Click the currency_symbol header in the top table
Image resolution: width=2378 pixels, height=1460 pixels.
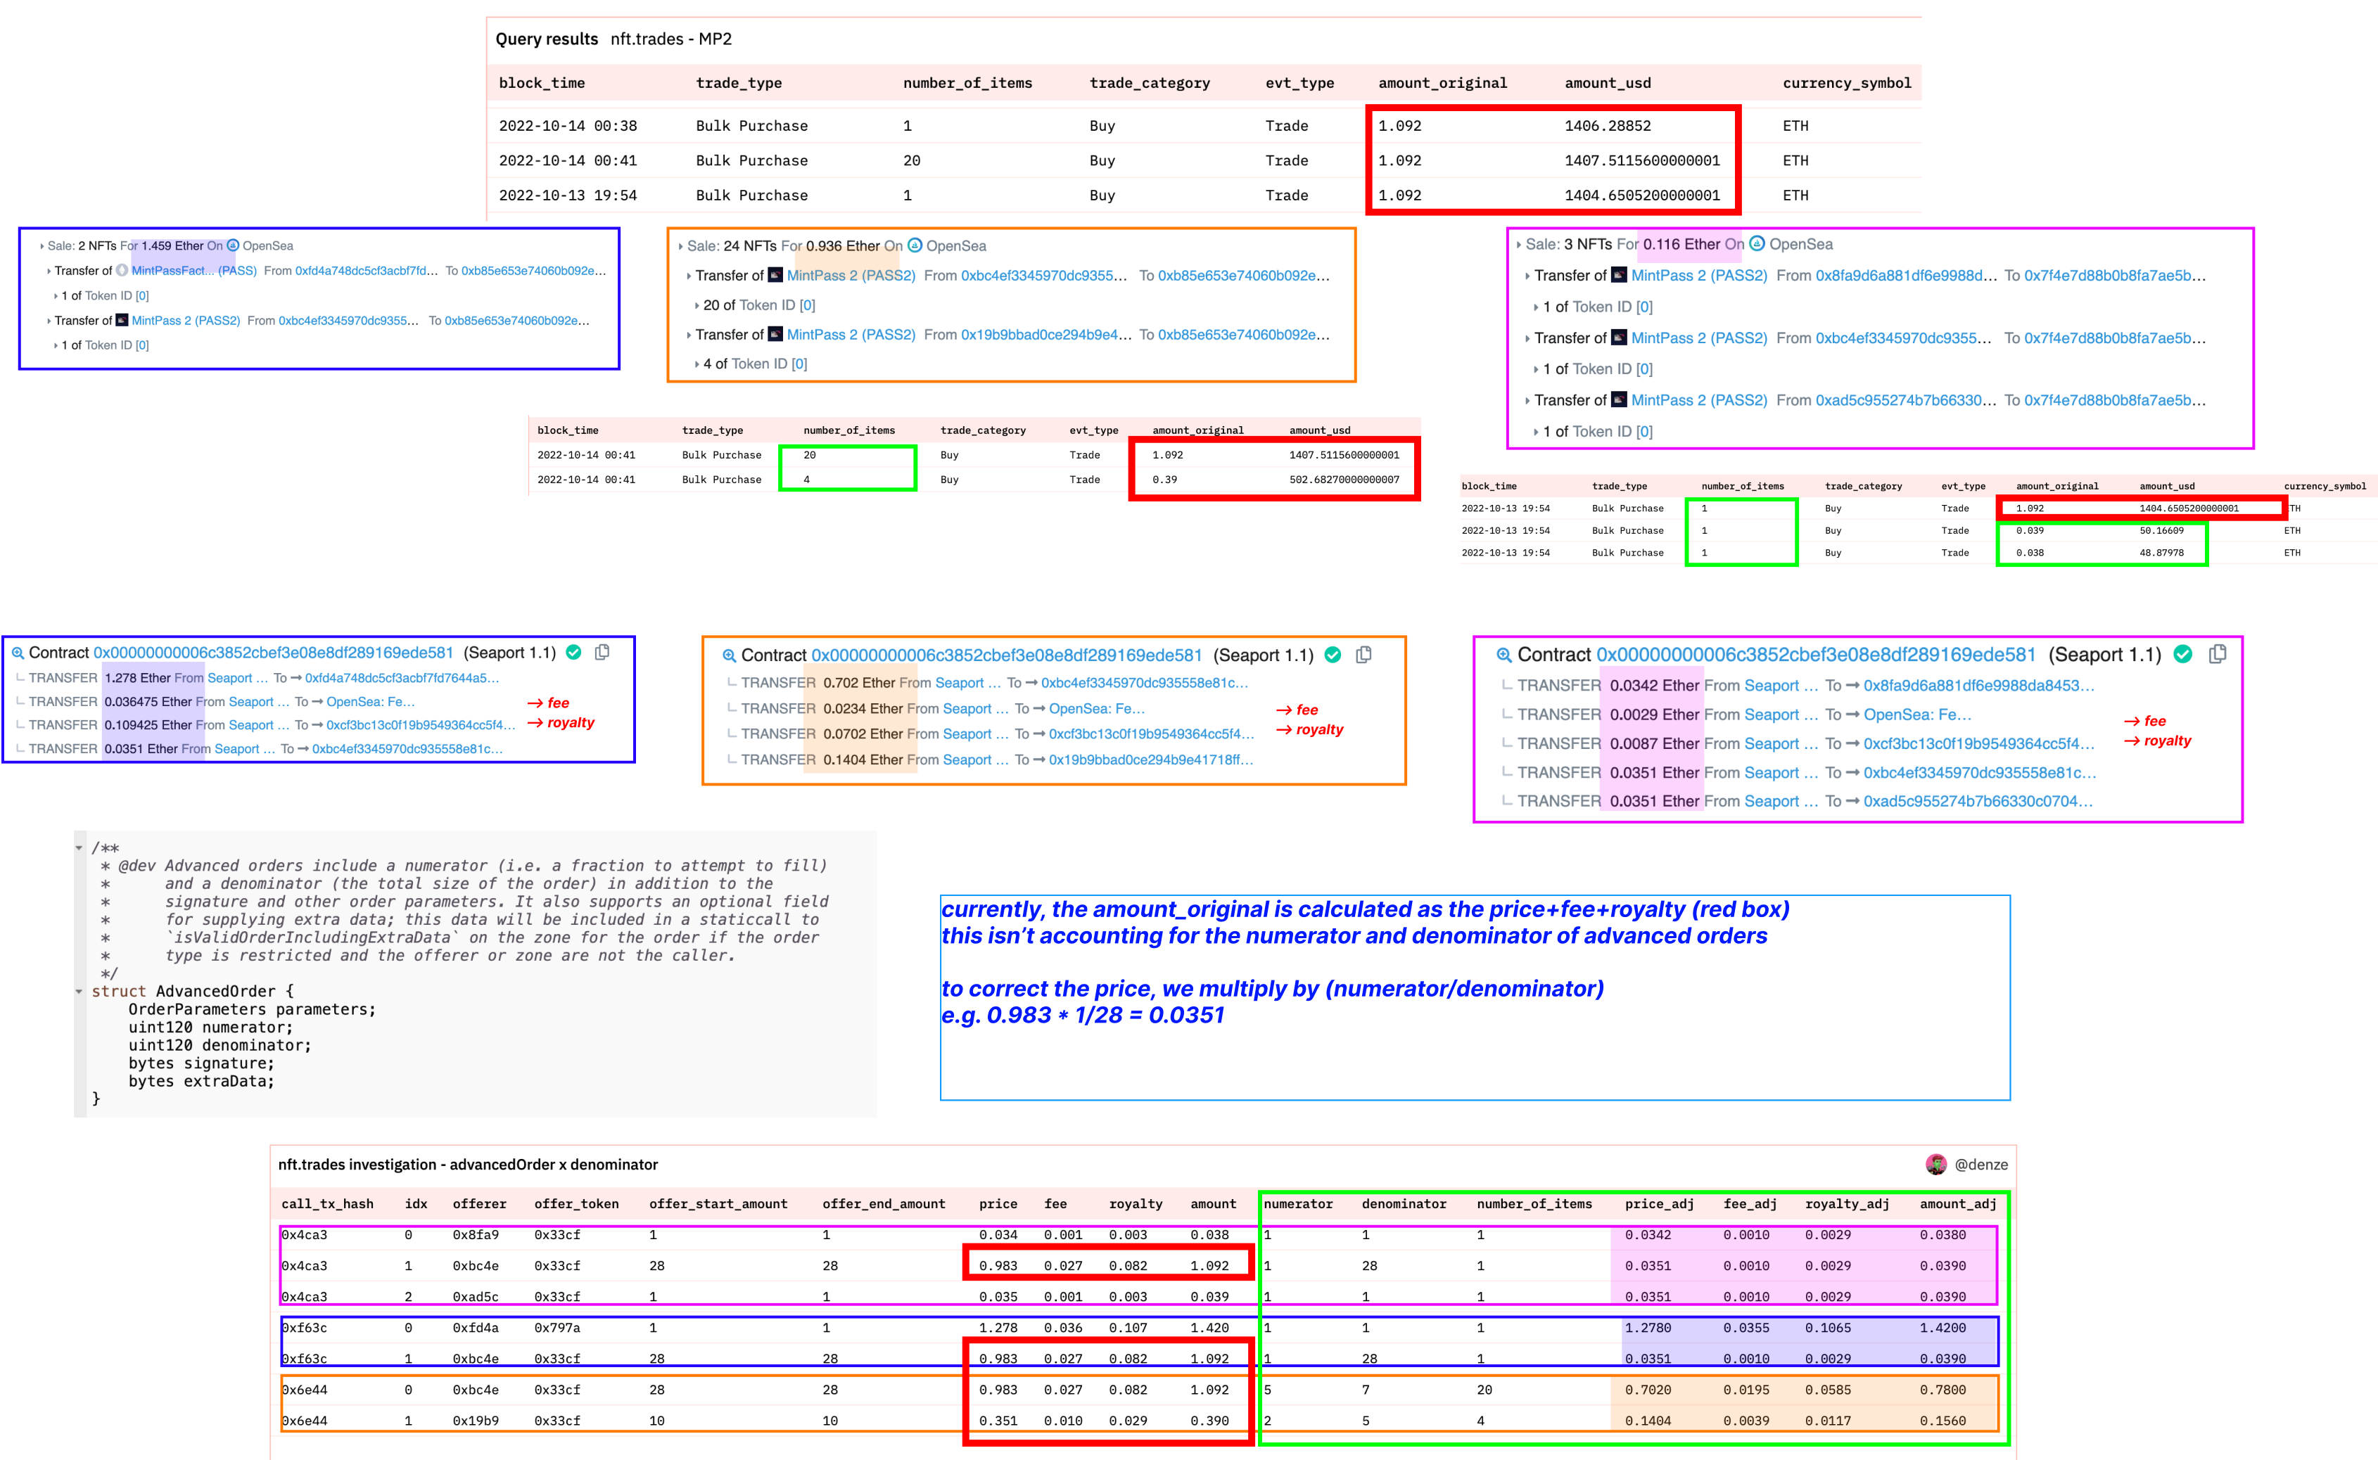click(x=1846, y=83)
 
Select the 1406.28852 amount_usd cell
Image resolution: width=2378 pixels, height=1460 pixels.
click(x=1607, y=125)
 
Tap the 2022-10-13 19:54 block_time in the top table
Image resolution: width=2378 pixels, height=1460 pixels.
click(x=567, y=195)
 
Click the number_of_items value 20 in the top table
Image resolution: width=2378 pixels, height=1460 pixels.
click(x=911, y=160)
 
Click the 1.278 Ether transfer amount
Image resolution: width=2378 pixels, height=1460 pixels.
click(x=137, y=678)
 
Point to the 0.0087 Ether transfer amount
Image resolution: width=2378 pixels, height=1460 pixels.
click(x=1653, y=743)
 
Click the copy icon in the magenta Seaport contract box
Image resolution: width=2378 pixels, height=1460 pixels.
click(x=2218, y=654)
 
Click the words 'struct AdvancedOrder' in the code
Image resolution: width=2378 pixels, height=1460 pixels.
click(x=192, y=992)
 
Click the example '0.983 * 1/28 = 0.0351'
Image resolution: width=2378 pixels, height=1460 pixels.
click(x=1082, y=1016)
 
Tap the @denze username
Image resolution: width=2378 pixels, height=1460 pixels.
click(x=1980, y=1165)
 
